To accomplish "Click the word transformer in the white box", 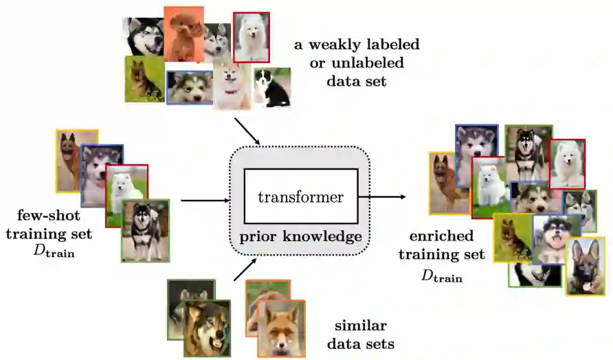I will pos(300,197).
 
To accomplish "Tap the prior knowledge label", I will pos(300,238).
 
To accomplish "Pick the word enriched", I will pos(441,236).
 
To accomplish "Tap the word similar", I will pos(360,325).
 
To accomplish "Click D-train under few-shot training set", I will pos(53,251).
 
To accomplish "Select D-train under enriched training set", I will pos(441,276).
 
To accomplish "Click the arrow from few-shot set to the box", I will pos(205,201).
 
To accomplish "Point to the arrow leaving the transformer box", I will pos(381,196).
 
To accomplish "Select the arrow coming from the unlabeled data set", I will pos(247,131).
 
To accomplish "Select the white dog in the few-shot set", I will pos(126,191).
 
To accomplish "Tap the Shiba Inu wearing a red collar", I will pos(232,87).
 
